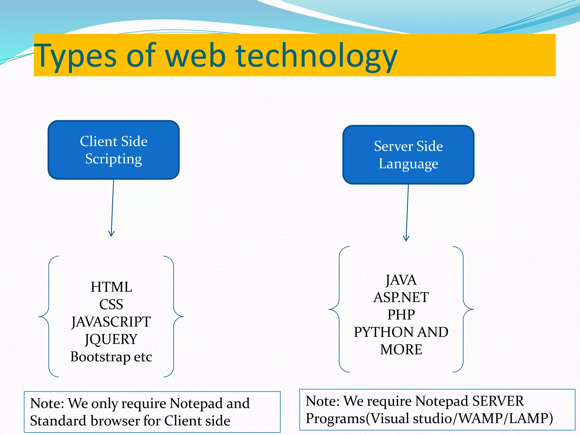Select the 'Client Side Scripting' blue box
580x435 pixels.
114,150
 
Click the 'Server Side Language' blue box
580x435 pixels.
408,155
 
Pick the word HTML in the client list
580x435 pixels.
111,287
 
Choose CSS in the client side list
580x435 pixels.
111,304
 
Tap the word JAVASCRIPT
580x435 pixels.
111,322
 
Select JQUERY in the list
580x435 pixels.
111,339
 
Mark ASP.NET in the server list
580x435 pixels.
401,297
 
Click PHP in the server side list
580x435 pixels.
401,315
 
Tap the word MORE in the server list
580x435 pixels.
401,349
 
